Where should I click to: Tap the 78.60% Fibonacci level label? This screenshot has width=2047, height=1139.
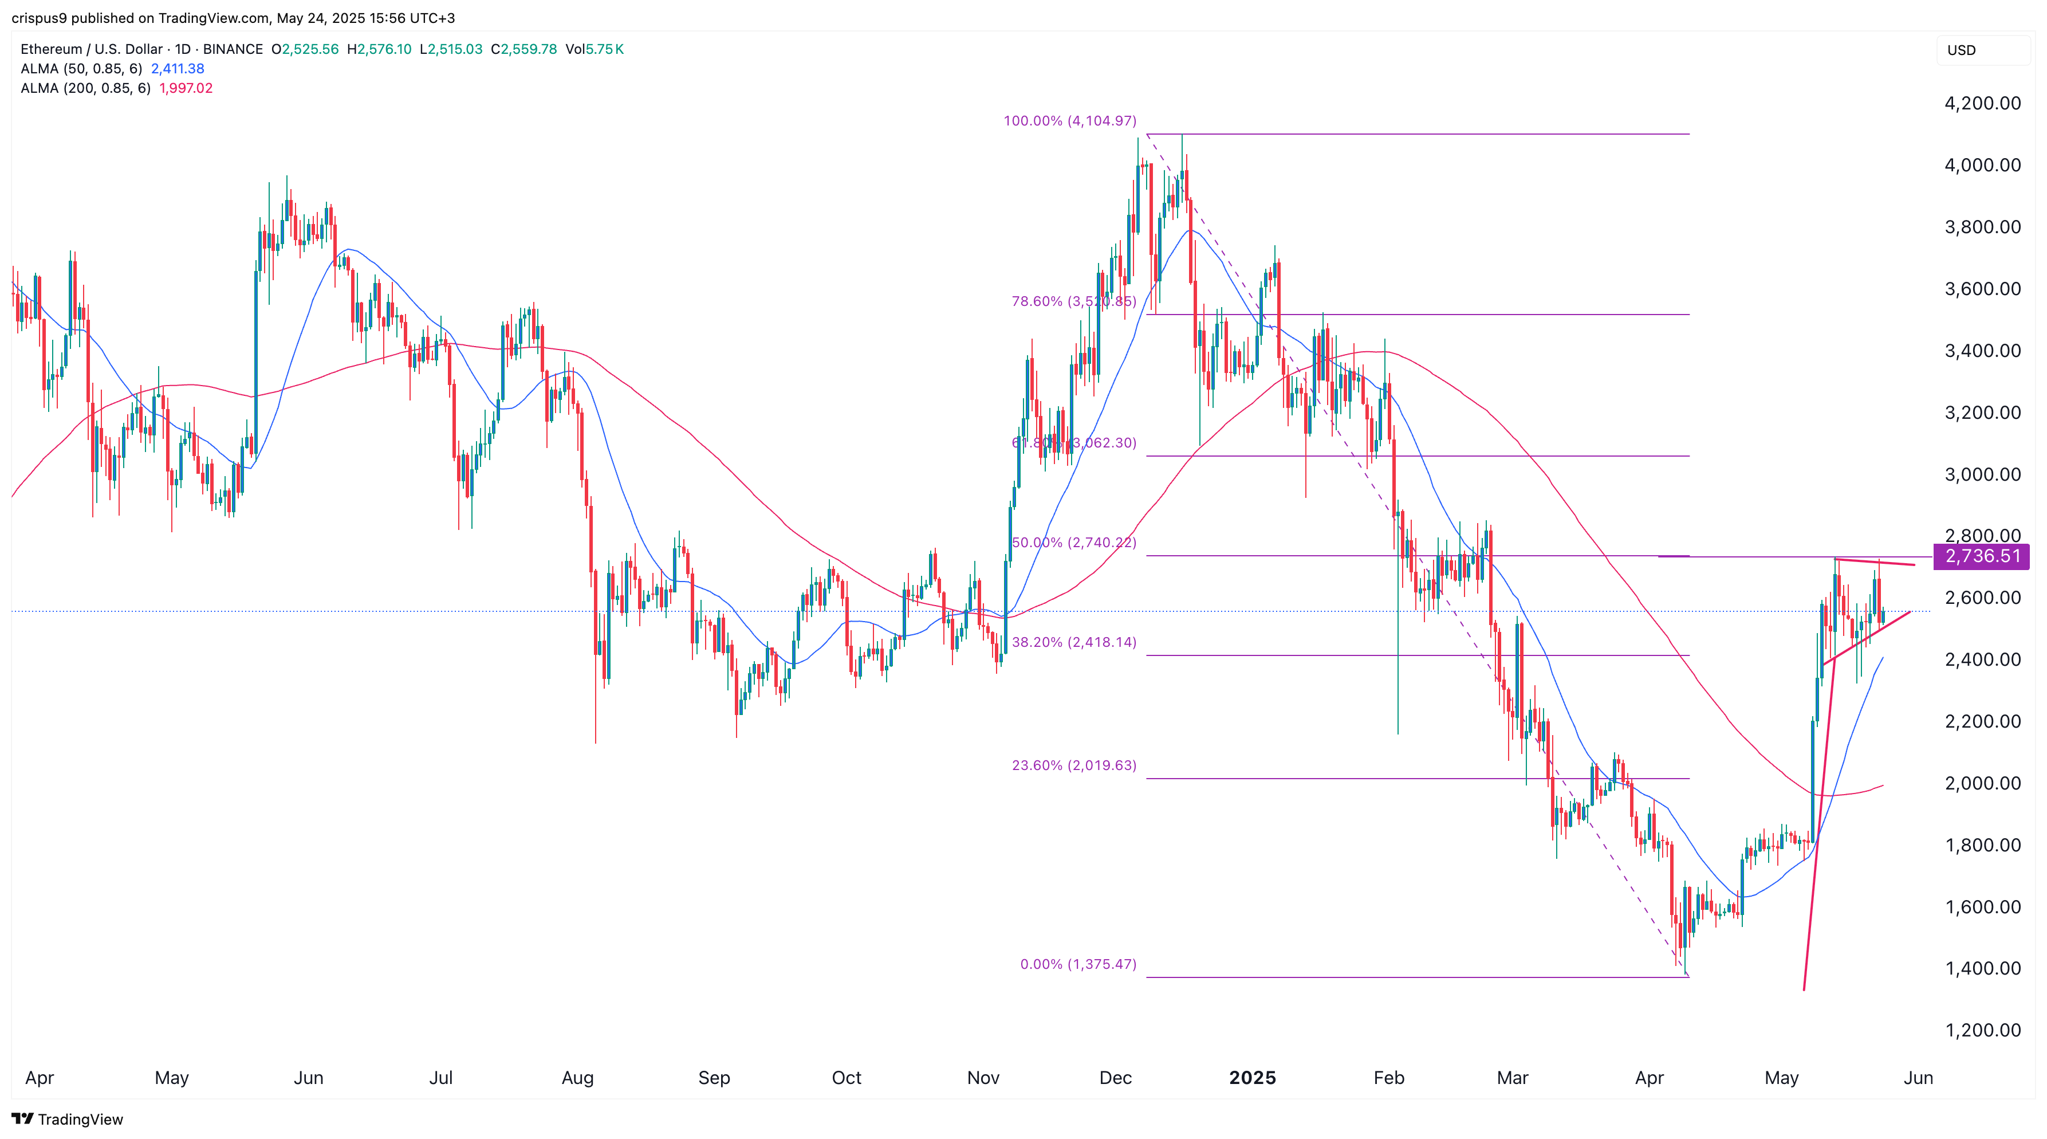(1073, 301)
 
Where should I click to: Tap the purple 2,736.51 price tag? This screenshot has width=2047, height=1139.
(1982, 556)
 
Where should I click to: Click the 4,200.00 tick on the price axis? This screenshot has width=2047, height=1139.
(1982, 103)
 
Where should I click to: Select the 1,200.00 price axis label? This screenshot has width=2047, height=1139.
(1982, 1030)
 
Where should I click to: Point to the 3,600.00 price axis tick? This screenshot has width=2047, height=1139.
(1982, 289)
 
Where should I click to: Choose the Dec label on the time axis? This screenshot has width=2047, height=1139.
(1115, 1078)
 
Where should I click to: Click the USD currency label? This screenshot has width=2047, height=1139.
(1961, 50)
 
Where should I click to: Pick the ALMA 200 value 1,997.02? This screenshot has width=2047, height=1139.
(186, 88)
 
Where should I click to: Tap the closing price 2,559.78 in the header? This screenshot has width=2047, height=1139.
(529, 49)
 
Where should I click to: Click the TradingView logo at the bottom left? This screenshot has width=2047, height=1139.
(68, 1119)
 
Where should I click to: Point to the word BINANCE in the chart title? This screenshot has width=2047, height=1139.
(233, 49)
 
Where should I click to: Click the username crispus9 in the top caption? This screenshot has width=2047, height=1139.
(39, 18)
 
